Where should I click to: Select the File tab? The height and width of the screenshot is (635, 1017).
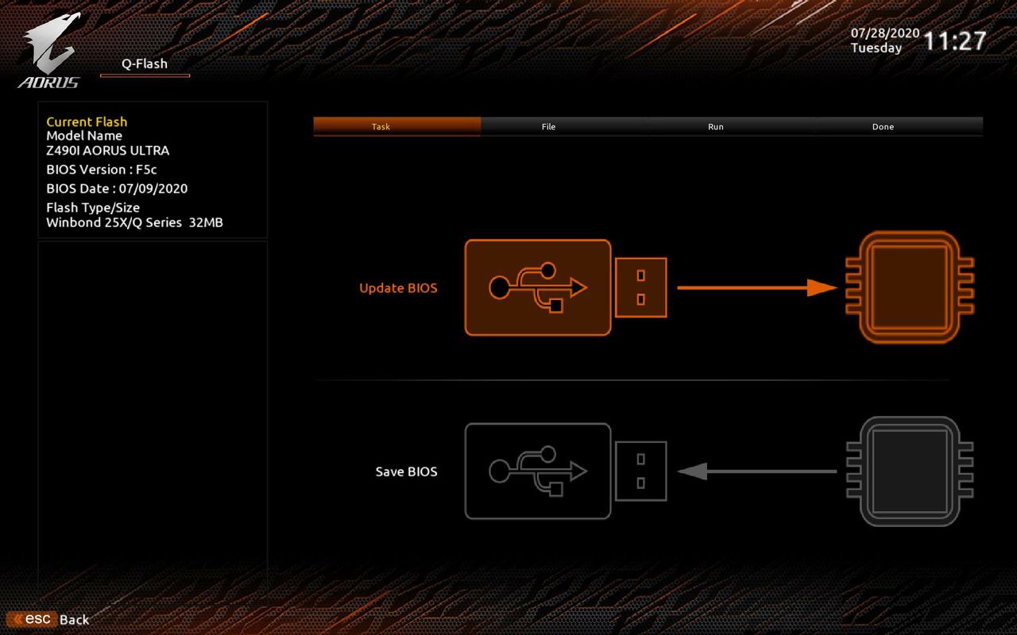click(x=548, y=126)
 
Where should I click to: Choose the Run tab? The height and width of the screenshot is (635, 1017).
click(x=716, y=126)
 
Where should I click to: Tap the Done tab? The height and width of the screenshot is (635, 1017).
click(x=883, y=126)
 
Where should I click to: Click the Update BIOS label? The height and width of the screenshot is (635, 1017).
click(x=398, y=288)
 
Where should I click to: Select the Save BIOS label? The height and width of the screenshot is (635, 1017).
click(x=406, y=471)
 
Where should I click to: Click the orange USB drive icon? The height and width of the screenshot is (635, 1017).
click(x=566, y=287)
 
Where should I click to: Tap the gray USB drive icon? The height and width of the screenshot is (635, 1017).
click(x=566, y=471)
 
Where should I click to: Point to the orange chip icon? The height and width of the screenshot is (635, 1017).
click(x=910, y=287)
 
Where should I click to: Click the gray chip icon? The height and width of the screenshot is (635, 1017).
click(x=910, y=471)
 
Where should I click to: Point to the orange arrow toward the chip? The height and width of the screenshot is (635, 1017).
click(x=757, y=287)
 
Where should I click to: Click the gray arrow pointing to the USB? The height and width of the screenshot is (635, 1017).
click(x=757, y=471)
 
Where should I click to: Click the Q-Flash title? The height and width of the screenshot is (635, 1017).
click(x=145, y=63)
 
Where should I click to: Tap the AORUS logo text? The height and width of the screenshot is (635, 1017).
click(x=48, y=83)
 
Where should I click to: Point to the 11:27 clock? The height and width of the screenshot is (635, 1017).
click(x=955, y=40)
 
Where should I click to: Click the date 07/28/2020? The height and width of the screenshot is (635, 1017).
click(x=885, y=33)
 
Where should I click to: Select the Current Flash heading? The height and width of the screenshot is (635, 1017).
click(x=87, y=121)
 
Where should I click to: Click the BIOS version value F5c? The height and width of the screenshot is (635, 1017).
click(x=146, y=170)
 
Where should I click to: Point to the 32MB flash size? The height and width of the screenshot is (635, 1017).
click(x=206, y=223)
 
